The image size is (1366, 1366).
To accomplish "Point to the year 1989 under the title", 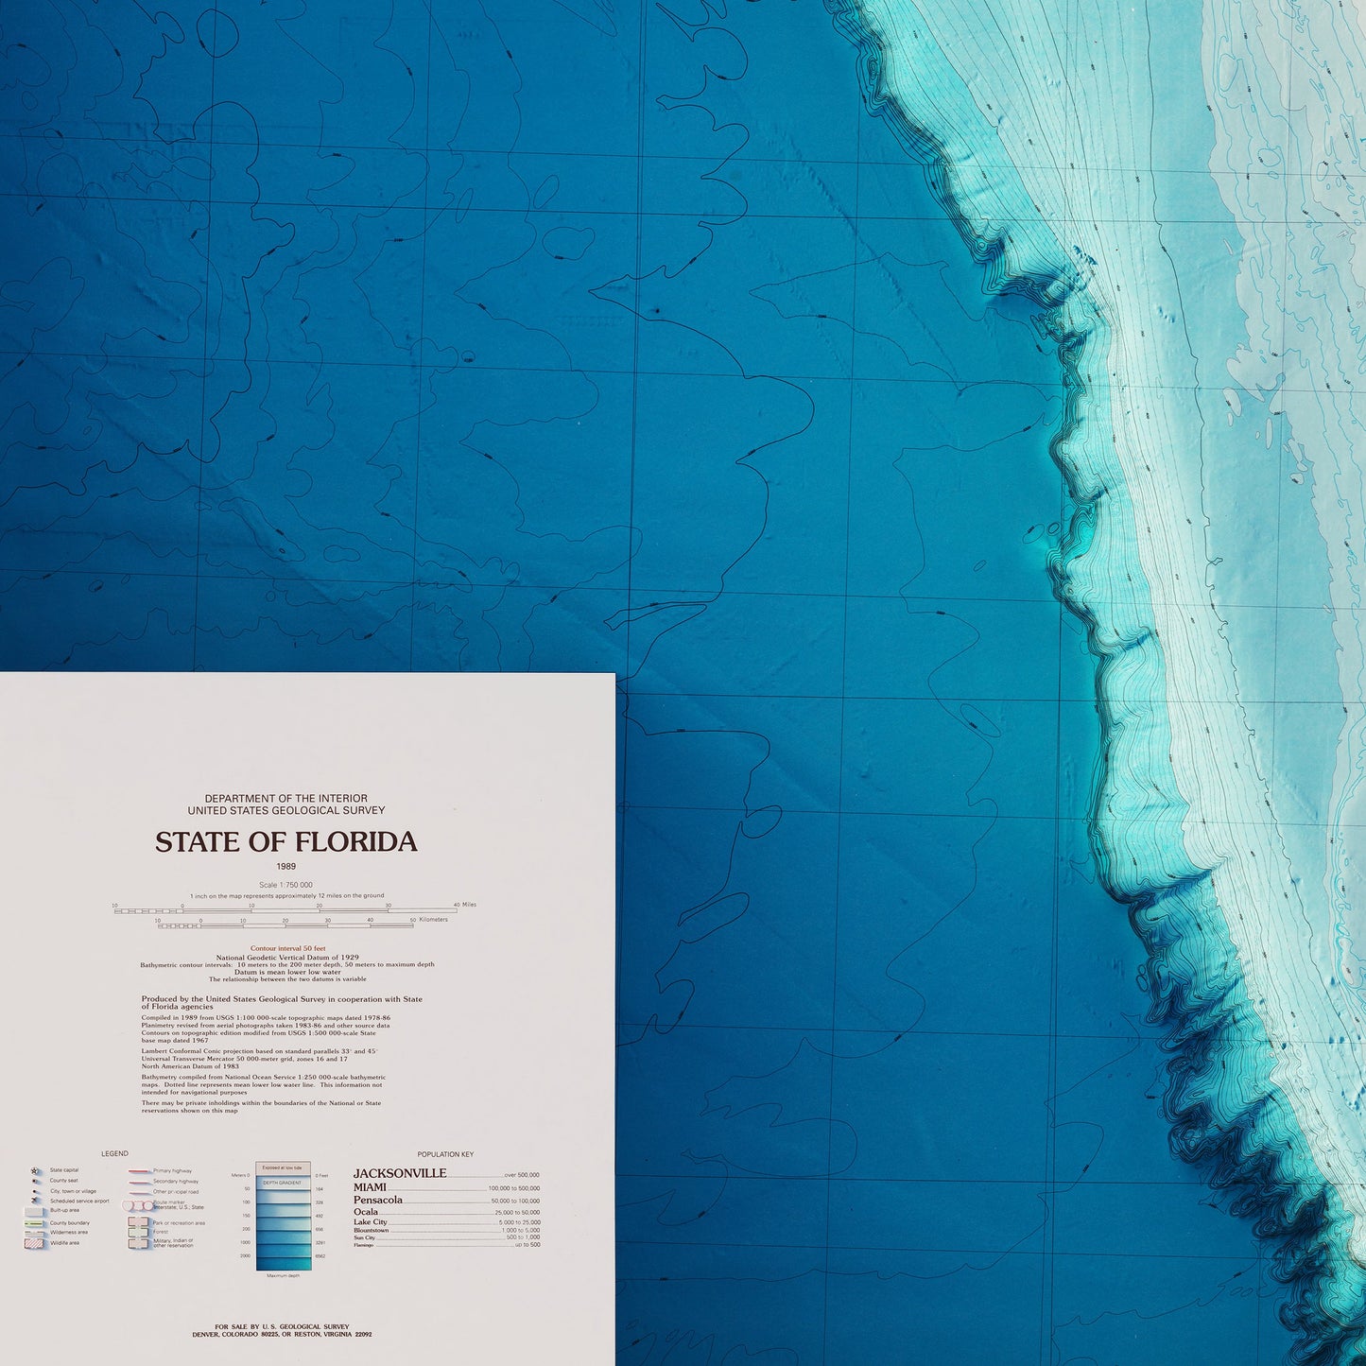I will pos(286,867).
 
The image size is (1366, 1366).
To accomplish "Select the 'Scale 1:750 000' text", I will pos(285,885).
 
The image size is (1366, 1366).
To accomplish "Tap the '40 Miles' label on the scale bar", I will pos(465,905).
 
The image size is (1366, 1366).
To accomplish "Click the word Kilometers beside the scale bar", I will pos(434,920).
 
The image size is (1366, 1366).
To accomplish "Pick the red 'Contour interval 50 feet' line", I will pos(287,947).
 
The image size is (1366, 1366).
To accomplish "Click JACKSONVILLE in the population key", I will pos(400,1173).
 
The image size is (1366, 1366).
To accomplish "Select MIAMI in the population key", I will pos(370,1187).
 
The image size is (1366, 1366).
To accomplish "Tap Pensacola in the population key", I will pos(378,1201).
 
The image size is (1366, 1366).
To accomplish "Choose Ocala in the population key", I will pos(366,1212).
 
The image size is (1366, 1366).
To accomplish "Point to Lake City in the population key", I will pos(371,1222).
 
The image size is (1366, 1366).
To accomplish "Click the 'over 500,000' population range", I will pos(522,1175).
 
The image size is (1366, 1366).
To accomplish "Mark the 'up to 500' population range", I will pos(527,1245).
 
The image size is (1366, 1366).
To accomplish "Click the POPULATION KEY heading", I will pos(445,1154).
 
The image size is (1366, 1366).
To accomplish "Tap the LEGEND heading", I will pos(114,1154).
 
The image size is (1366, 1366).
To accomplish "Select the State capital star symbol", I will pos(35,1170).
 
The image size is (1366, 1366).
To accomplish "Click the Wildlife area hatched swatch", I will pos(35,1243).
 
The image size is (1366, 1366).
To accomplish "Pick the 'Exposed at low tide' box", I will pos(282,1168).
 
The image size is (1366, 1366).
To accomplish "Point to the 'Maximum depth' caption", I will pos(283,1276).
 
